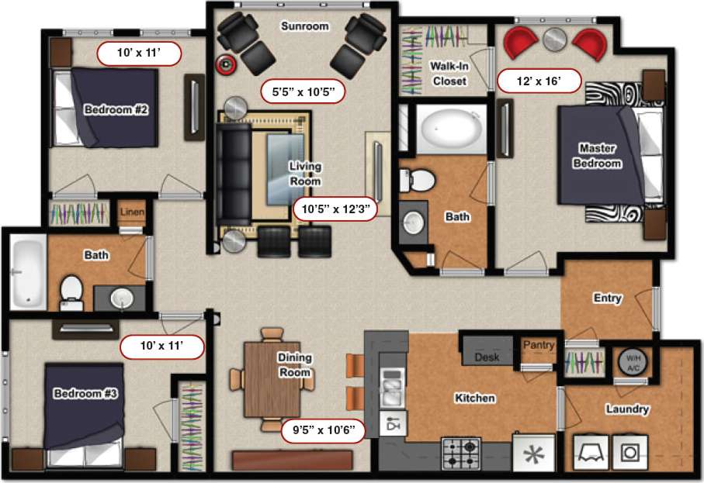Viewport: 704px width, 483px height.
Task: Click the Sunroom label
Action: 304,26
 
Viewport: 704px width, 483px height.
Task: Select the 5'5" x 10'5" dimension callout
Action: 302,91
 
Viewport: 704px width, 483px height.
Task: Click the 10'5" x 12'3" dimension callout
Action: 335,208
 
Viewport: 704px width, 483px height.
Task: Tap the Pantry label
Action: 537,344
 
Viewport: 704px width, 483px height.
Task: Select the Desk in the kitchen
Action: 487,357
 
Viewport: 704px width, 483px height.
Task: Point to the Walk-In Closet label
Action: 449,73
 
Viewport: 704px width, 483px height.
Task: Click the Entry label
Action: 607,298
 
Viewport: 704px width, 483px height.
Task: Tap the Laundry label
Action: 629,409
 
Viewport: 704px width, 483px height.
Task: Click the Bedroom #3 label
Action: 85,394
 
